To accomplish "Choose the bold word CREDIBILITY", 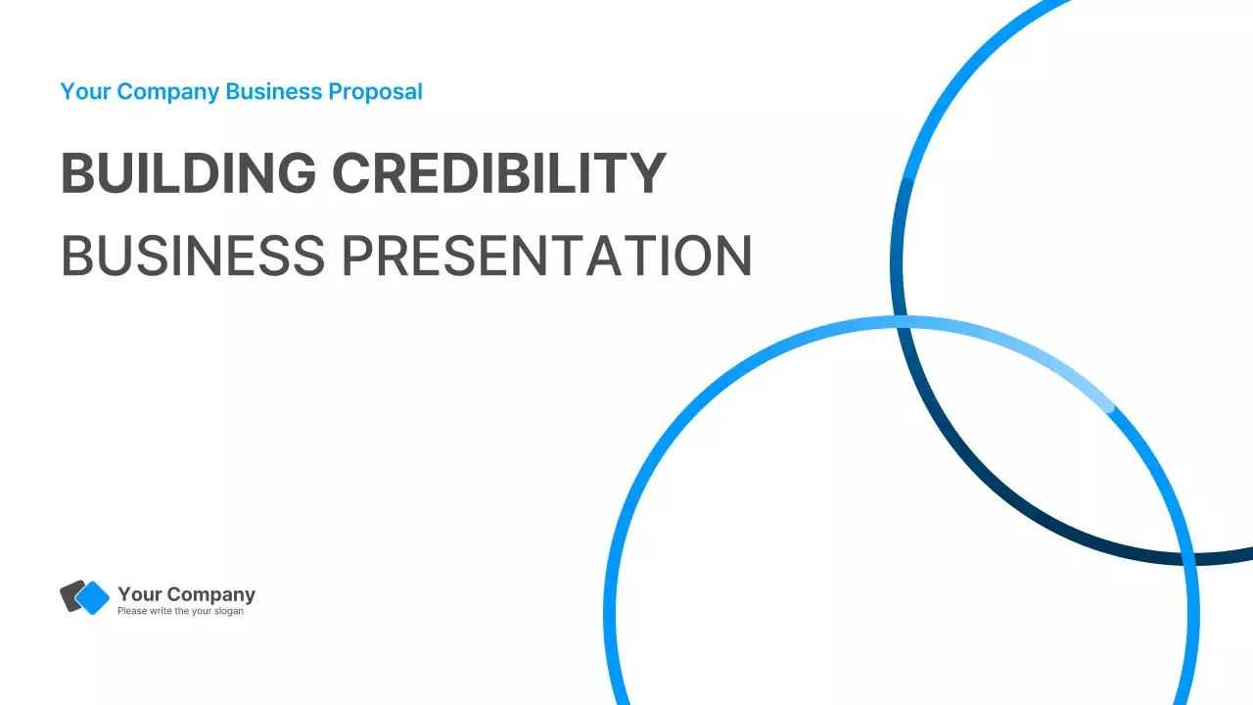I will pyautogui.click(x=498, y=173).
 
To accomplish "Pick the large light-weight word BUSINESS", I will pyautogui.click(x=192, y=256).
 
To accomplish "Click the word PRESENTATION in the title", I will pyautogui.click(x=546, y=256).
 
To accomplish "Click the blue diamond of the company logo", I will pyautogui.click(x=93, y=598).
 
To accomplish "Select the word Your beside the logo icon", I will pyautogui.click(x=138, y=594).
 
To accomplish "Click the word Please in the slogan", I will pyautogui.click(x=131, y=611).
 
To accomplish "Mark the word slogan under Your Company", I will pyautogui.click(x=227, y=611).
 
